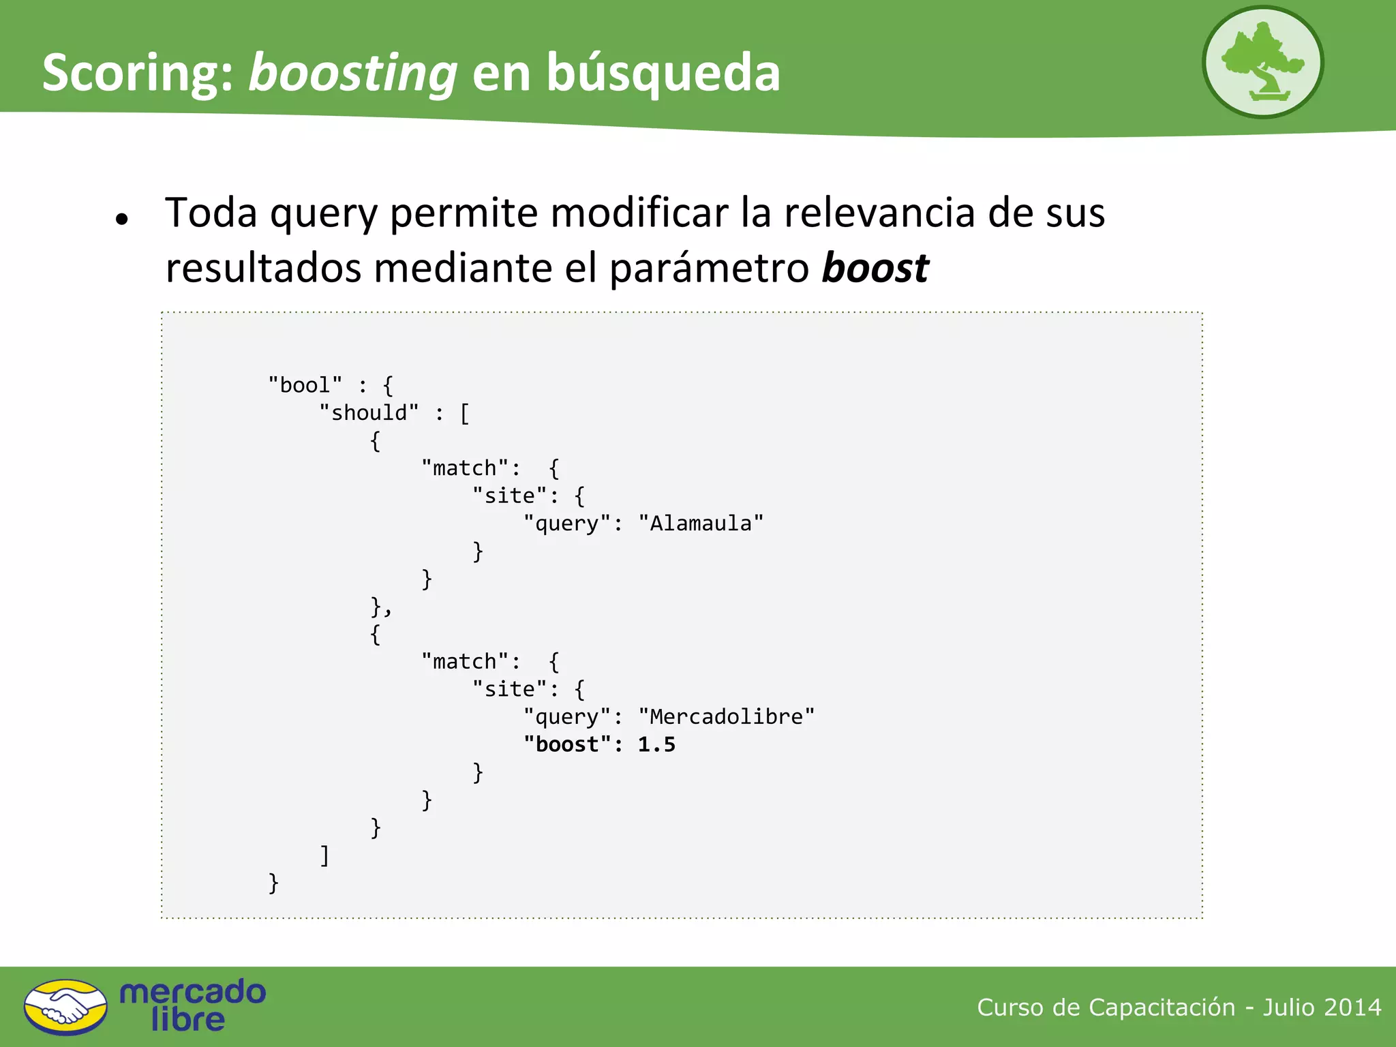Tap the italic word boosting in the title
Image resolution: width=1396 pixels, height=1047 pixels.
click(x=352, y=73)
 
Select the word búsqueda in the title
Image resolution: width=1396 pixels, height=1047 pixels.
click(x=663, y=73)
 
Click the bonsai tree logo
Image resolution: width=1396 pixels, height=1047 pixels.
click(x=1262, y=62)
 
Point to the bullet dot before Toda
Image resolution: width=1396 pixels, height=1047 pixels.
click(x=122, y=219)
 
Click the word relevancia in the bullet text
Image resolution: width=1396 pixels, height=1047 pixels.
click(x=879, y=213)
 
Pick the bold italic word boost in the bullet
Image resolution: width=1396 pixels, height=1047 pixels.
click(x=875, y=268)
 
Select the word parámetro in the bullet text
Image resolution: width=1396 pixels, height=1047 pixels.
click(x=709, y=268)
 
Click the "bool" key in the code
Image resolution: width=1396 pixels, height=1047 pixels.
click(x=305, y=385)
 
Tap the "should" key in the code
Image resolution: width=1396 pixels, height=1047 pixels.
click(x=369, y=413)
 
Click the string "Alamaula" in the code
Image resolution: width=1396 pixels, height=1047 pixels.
click(x=701, y=523)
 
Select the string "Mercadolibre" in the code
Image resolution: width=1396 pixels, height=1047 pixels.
click(x=726, y=716)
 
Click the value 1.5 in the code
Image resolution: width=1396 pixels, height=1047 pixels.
click(x=656, y=744)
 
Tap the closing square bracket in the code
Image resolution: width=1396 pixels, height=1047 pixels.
click(x=325, y=855)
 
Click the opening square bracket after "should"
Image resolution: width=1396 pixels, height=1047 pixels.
click(x=465, y=413)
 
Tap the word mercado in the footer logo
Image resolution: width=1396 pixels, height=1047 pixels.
click(x=193, y=992)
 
